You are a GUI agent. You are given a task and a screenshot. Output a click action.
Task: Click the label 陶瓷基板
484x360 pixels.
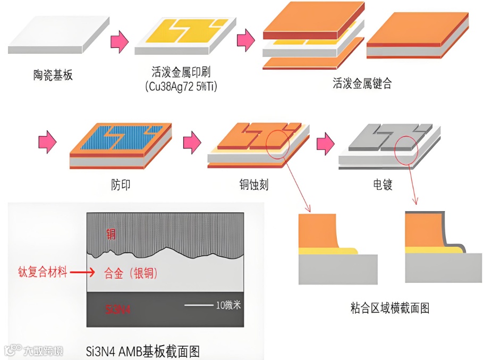click(53, 75)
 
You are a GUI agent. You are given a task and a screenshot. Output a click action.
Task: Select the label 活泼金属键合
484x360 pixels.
click(362, 83)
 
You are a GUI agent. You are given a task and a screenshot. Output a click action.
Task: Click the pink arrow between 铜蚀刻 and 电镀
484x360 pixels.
click(325, 144)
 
